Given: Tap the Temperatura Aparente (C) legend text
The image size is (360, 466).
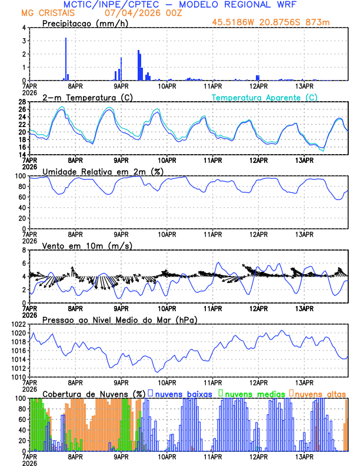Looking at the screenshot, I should point(264,97).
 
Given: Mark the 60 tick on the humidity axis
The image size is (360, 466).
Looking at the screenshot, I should point(20,197).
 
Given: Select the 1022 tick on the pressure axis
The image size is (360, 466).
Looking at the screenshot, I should point(16,324).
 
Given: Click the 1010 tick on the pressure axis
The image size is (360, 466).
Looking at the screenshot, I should point(16,377).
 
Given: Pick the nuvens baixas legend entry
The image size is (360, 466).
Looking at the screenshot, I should point(184,394).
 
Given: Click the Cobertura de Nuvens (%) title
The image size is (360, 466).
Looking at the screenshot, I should point(93,394).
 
